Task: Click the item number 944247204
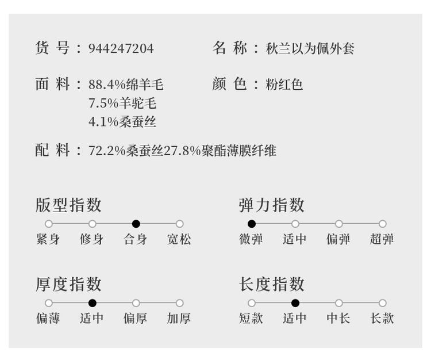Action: (x=121, y=48)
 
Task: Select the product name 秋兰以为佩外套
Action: (x=310, y=48)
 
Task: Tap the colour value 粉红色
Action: (x=284, y=85)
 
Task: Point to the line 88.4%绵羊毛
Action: (x=126, y=85)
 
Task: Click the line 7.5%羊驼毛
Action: (x=122, y=103)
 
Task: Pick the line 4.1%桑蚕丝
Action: (x=122, y=121)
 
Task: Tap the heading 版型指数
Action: (x=69, y=205)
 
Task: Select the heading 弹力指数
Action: (x=272, y=205)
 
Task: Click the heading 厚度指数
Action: (x=69, y=284)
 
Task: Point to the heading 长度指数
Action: (x=272, y=284)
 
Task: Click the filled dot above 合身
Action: (x=136, y=224)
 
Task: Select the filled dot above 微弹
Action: (x=252, y=224)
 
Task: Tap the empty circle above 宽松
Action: (x=180, y=224)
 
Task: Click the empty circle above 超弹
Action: (x=383, y=224)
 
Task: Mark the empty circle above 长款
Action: (x=383, y=303)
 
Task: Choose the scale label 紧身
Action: (x=48, y=239)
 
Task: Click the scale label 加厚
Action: (x=179, y=318)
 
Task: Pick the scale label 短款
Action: (x=251, y=318)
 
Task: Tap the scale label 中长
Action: (x=338, y=318)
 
